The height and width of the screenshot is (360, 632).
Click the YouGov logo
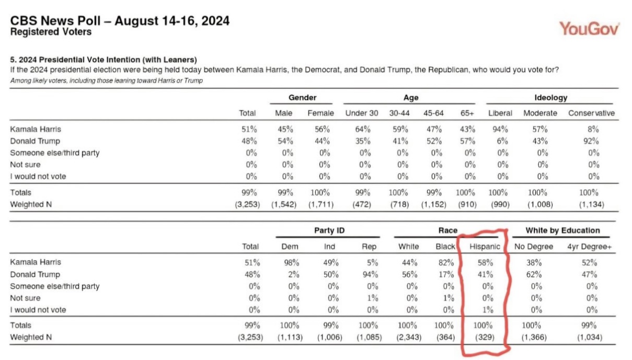click(590, 29)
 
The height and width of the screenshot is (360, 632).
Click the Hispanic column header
click(485, 247)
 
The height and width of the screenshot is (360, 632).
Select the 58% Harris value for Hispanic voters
click(485, 263)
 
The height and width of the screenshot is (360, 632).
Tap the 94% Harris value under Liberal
click(500, 130)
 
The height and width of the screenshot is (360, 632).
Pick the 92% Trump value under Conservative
click(591, 141)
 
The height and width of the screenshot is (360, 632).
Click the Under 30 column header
click(361, 113)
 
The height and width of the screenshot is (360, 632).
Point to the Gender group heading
click(302, 98)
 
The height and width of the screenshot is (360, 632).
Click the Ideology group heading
click(551, 98)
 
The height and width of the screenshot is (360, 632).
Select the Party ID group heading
click(329, 230)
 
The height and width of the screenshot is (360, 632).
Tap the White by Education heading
click(562, 230)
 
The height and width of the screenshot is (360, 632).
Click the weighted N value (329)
click(485, 337)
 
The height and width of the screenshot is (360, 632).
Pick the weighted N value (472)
click(361, 204)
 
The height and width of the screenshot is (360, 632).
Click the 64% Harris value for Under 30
click(363, 130)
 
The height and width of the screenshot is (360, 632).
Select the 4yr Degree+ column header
click(589, 247)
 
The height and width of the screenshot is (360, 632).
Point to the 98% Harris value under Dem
click(291, 263)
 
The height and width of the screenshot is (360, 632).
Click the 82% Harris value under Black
click(446, 263)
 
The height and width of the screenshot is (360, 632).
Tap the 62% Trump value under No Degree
click(534, 274)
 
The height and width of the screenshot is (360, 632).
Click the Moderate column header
click(540, 113)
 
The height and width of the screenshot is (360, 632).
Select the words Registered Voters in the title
click(51, 32)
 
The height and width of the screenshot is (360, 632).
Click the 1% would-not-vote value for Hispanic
click(488, 310)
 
